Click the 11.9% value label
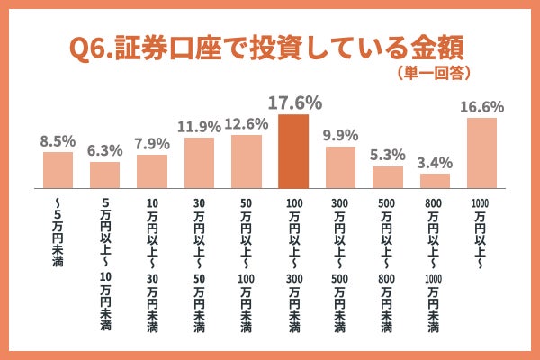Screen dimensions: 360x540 (x=199, y=126)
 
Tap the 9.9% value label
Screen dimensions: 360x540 (x=340, y=135)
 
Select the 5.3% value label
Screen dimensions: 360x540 (x=388, y=155)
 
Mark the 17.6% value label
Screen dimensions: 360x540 (x=293, y=102)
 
